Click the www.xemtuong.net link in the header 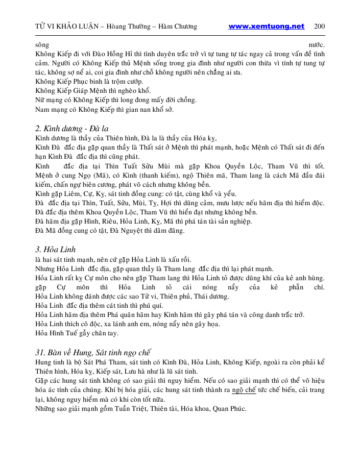coord(266,27)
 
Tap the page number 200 coord(320,27)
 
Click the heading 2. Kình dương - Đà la coord(71,128)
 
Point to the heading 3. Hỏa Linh coord(56,250)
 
